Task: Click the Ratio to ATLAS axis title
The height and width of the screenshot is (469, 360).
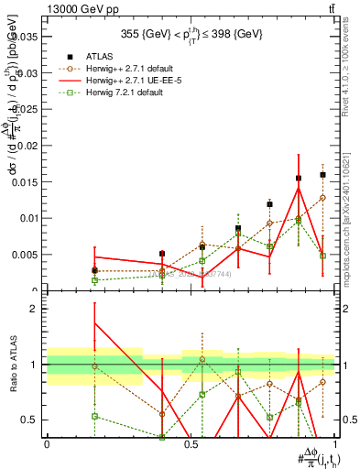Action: point(12,365)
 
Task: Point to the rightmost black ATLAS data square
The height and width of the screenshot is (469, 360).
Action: point(323,174)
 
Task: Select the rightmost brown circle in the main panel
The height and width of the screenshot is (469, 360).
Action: point(323,198)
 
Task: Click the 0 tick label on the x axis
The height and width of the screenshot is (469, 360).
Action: point(47,444)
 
